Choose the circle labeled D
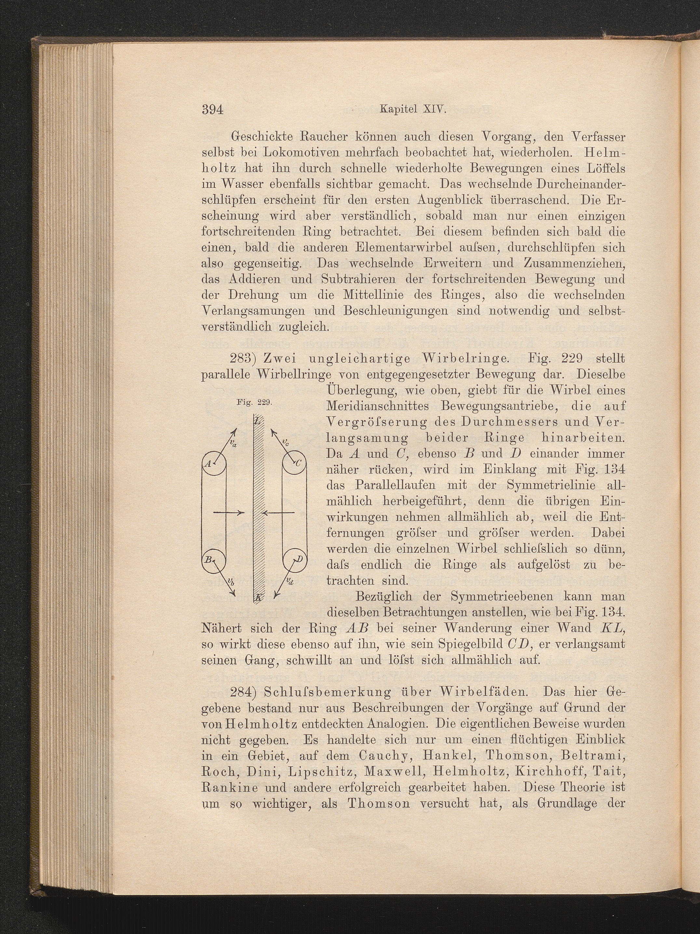pyautogui.click(x=294, y=560)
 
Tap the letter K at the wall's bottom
pyautogui.click(x=258, y=596)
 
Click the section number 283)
pyautogui.click(x=244, y=359)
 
